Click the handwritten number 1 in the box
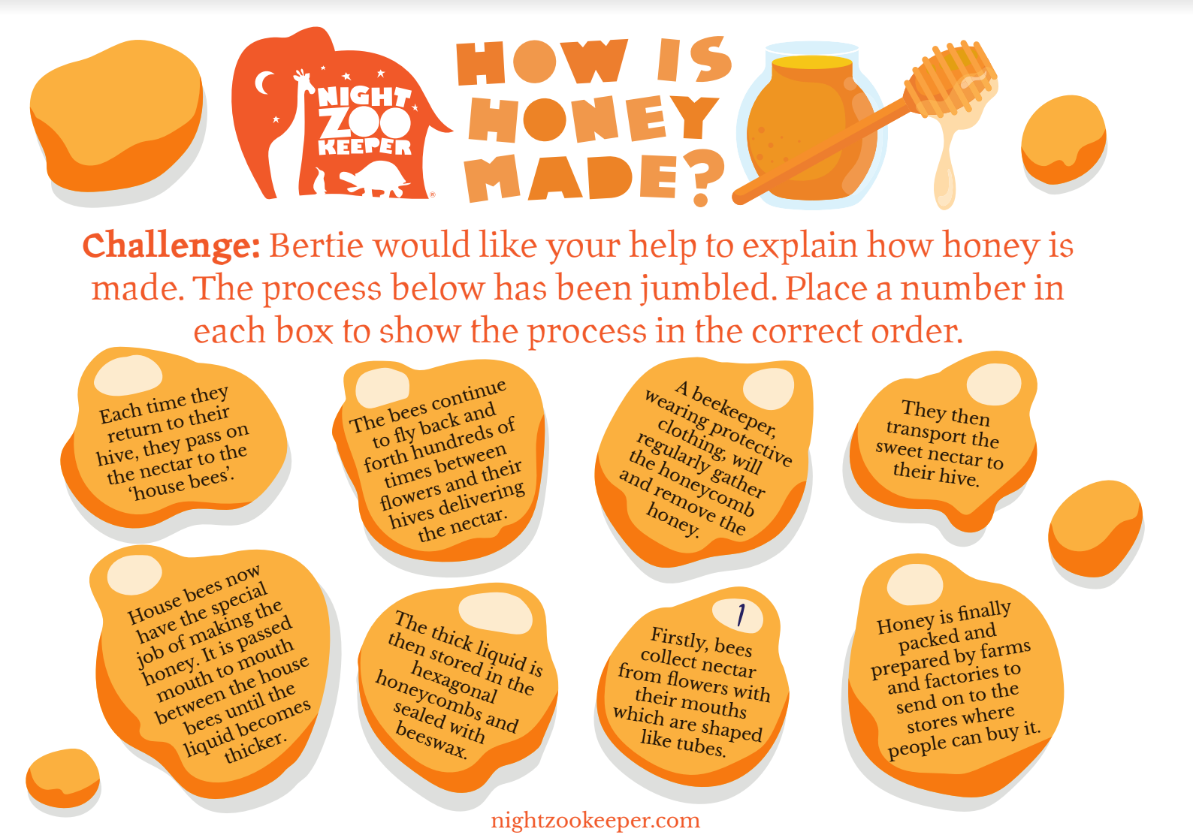pos(741,615)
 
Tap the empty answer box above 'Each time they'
pos(128,375)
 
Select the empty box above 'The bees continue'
pos(382,387)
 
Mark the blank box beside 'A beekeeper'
pos(769,388)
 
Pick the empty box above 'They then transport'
pos(994,384)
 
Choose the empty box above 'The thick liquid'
pos(495,614)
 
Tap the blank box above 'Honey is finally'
pos(915,585)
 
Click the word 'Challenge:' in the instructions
pos(171,246)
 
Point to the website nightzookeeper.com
pos(596,821)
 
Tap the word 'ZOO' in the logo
pos(365,122)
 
